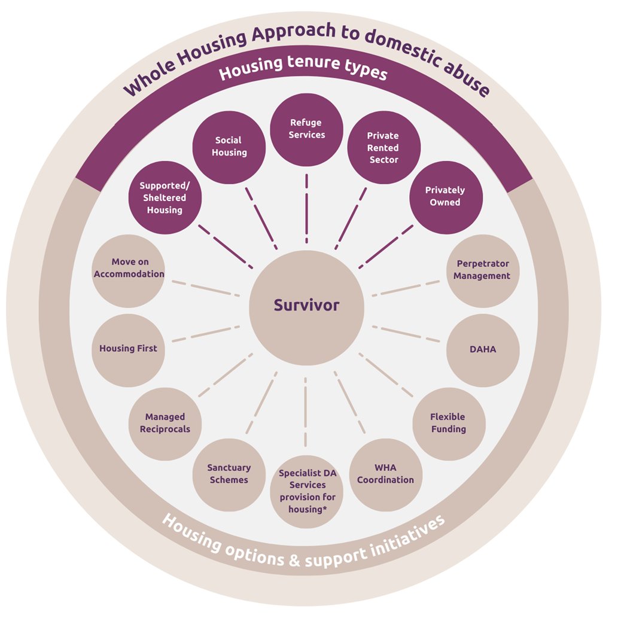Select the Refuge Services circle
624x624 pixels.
[306, 129]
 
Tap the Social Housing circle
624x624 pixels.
[229, 147]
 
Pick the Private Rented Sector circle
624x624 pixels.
[383, 148]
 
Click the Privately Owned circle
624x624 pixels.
[445, 197]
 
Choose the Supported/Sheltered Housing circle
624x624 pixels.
[165, 197]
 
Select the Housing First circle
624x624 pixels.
[128, 348]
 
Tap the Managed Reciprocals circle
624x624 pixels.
[165, 423]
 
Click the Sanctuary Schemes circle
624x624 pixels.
[229, 474]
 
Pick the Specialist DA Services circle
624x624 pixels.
[307, 491]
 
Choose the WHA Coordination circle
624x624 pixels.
[386, 474]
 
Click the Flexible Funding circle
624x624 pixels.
[448, 423]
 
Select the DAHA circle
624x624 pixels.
[483, 349]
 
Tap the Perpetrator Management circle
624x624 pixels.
[482, 270]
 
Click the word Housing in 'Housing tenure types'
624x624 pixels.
[248, 72]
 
